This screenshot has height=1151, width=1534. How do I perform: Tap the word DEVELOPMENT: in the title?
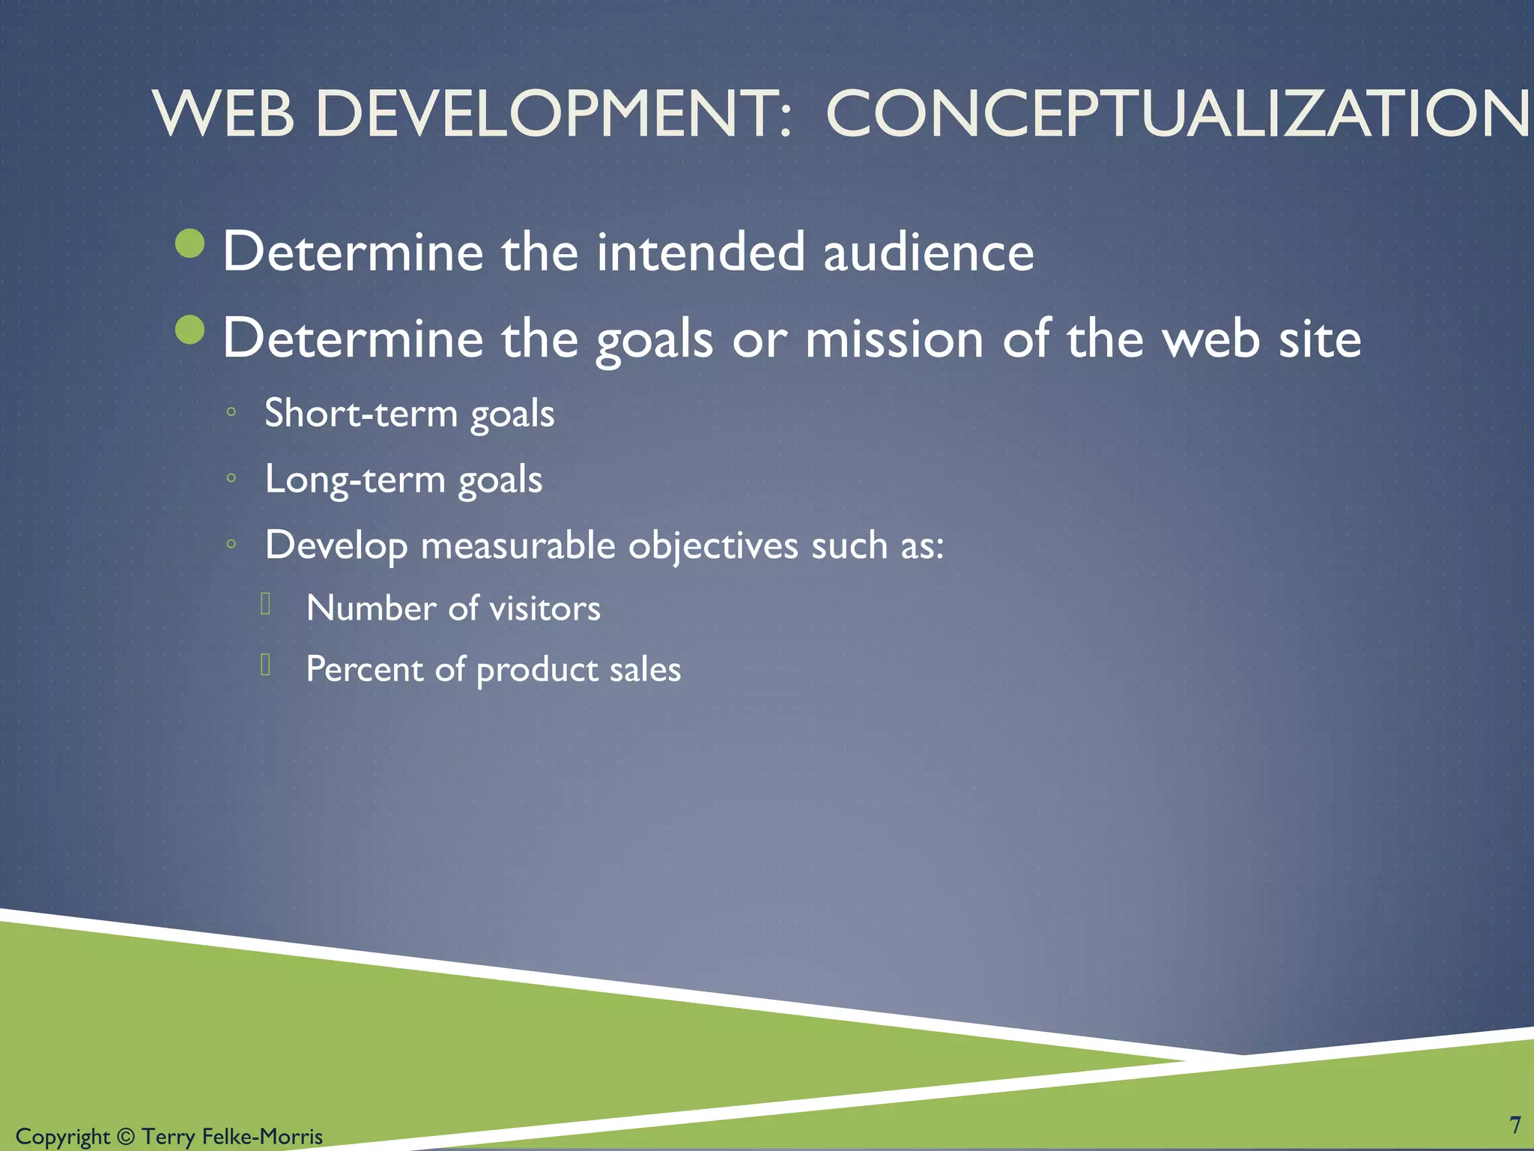coord(553,114)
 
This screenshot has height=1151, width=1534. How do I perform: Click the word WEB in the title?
coord(223,114)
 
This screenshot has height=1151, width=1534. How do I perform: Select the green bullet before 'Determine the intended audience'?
coord(190,243)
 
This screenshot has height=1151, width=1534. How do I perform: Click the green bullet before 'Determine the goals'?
coord(190,330)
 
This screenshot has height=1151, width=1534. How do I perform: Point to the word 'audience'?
coord(928,252)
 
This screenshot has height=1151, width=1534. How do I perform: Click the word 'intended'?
coord(700,252)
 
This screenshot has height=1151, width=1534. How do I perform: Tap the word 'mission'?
coord(894,339)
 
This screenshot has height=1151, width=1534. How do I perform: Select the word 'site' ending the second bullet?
coord(1320,339)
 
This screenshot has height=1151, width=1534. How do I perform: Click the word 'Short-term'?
coord(360,413)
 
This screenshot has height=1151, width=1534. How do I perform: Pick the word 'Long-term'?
coord(354,479)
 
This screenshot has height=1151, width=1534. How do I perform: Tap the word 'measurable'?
coord(518,545)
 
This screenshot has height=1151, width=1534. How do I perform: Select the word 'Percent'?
coord(364,668)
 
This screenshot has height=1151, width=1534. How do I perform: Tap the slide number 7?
coord(1515,1125)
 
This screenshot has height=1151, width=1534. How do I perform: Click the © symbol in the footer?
coord(126,1137)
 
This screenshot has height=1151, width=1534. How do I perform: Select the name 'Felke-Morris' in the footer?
coord(262,1137)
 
